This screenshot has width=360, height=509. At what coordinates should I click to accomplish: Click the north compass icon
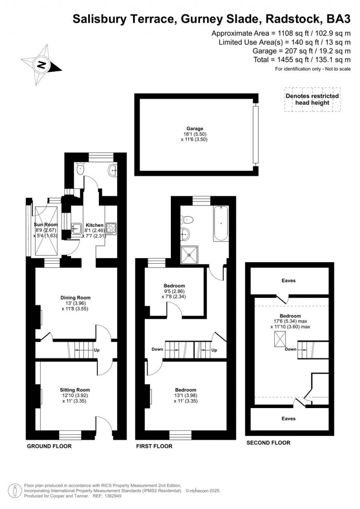tap(41, 65)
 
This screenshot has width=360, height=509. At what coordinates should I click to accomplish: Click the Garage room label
tap(194, 129)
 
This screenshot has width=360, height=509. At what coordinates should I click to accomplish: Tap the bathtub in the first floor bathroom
tap(220, 223)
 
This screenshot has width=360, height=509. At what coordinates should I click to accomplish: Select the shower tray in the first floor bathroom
tap(189, 254)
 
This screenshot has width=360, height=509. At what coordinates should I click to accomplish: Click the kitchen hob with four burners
tap(111, 228)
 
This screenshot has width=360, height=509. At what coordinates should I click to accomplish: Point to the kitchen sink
tap(76, 229)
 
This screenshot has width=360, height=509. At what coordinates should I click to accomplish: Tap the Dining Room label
tap(75, 298)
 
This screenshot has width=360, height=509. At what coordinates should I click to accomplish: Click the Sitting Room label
tap(75, 390)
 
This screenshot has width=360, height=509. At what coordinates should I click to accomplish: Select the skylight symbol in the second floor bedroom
tap(280, 340)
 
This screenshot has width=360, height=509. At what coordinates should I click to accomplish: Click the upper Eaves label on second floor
tap(289, 281)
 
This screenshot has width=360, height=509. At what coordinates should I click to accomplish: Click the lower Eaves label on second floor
tap(289, 419)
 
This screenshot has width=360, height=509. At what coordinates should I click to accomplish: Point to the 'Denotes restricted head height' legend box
tap(312, 99)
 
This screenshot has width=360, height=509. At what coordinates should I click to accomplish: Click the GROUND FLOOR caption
tap(49, 446)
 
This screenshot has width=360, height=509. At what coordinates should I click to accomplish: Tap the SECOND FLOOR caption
tap(268, 443)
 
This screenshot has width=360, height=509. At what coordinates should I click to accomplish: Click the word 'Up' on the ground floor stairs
tap(97, 350)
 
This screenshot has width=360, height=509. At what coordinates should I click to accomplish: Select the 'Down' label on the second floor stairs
tap(291, 349)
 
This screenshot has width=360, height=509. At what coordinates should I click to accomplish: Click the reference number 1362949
tap(112, 496)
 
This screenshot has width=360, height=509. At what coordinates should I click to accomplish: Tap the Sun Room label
tap(46, 225)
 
